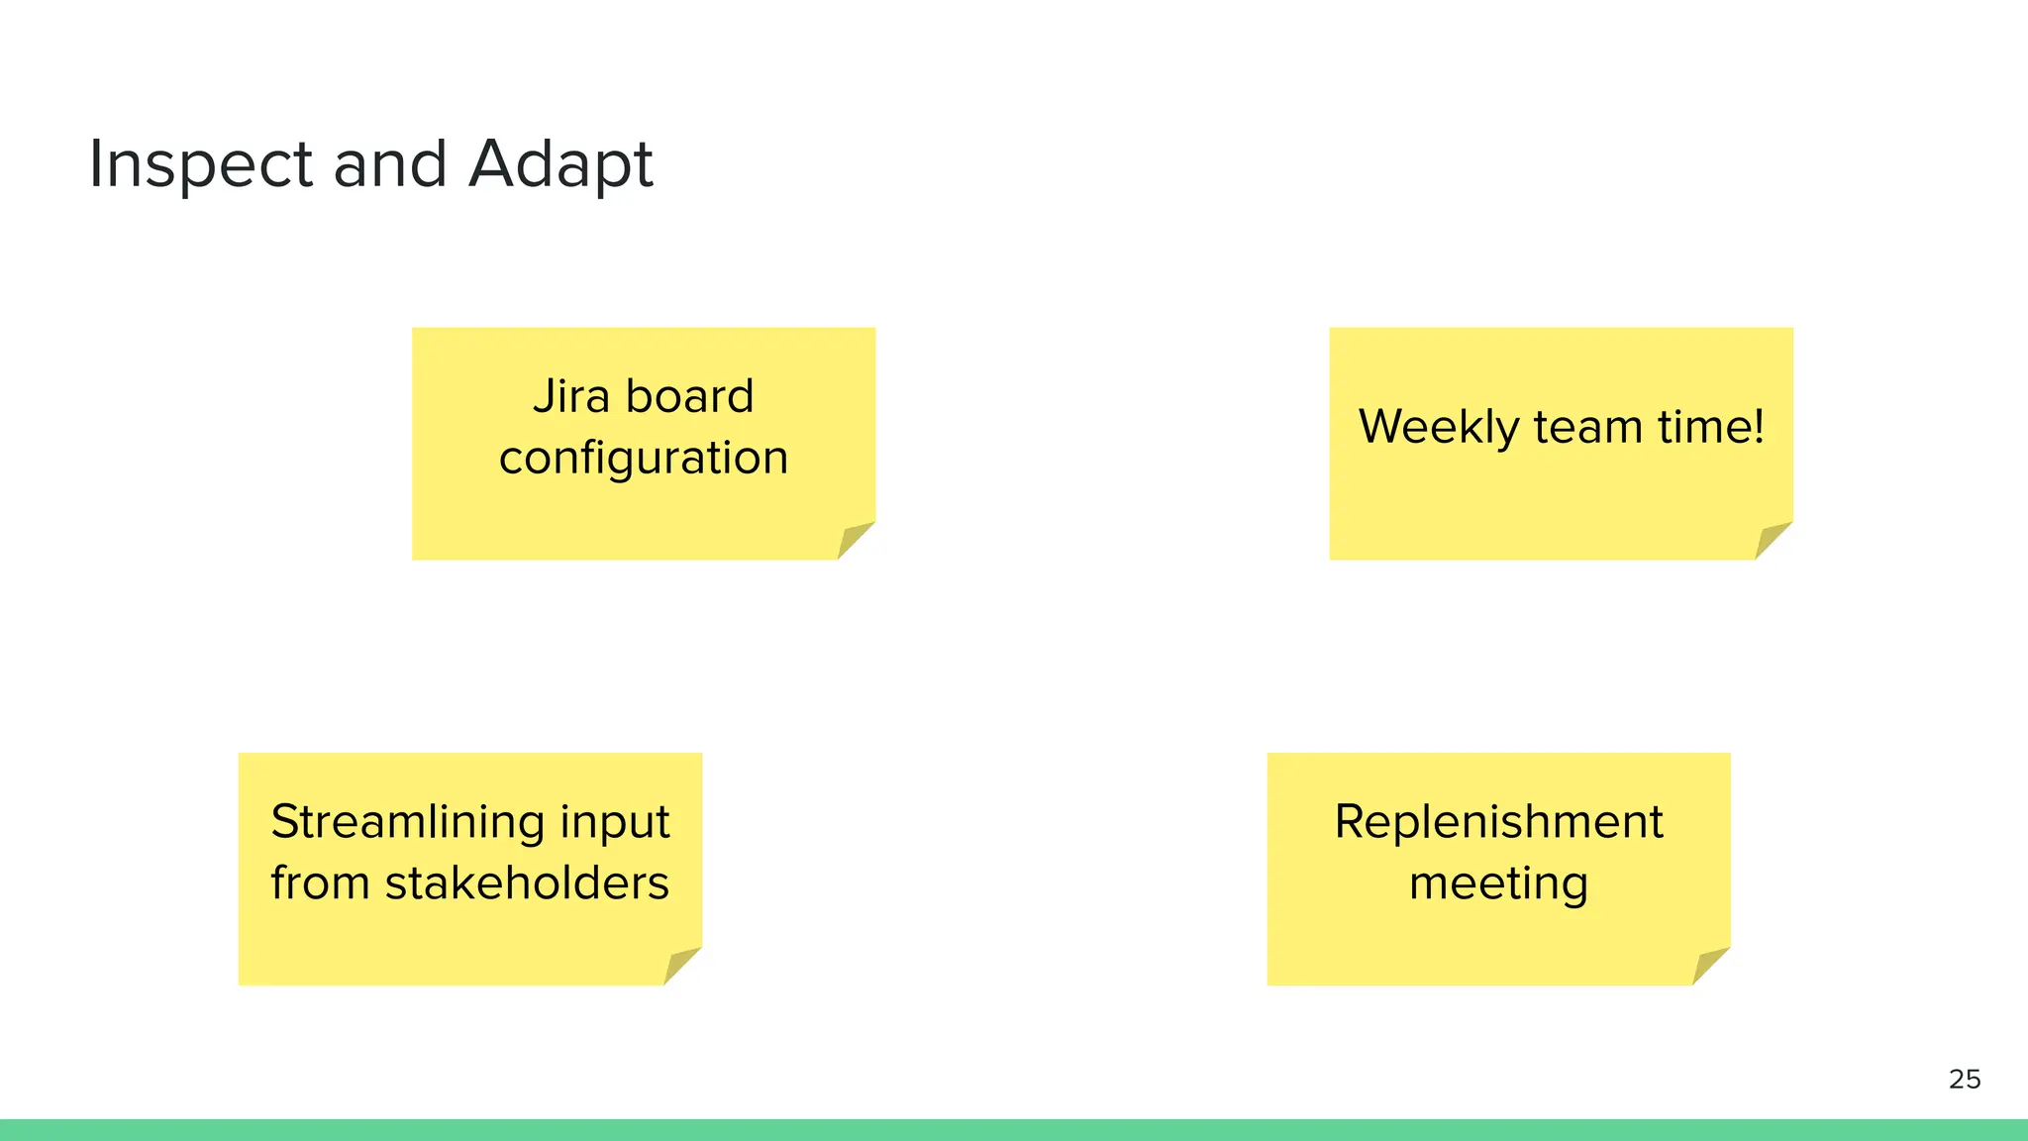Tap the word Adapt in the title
click(560, 164)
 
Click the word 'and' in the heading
click(390, 164)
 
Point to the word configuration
click(644, 459)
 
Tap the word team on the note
click(1588, 428)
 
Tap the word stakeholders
click(527, 883)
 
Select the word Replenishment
click(1498, 822)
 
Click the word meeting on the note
click(1498, 884)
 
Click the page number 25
click(1965, 1079)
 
